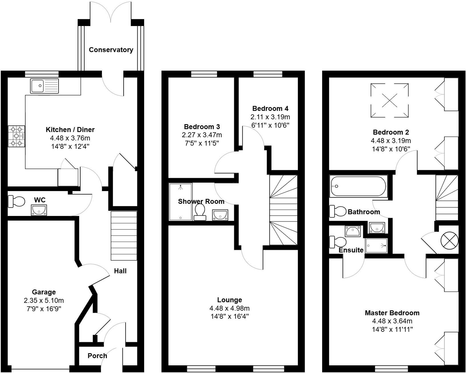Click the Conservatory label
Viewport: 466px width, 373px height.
pyautogui.click(x=111, y=50)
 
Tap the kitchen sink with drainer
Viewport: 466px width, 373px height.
pyautogui.click(x=44, y=86)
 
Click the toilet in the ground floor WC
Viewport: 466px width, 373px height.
pyautogui.click(x=16, y=201)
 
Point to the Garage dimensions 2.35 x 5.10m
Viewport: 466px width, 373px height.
pyautogui.click(x=44, y=300)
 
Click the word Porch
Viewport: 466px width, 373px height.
pyautogui.click(x=97, y=356)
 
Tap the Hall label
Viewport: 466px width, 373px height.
pyautogui.click(x=120, y=271)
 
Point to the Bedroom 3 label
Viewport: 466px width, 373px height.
pyautogui.click(x=202, y=127)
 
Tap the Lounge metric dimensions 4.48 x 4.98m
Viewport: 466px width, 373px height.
pyautogui.click(x=230, y=308)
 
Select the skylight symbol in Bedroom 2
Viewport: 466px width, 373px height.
pyautogui.click(x=389, y=100)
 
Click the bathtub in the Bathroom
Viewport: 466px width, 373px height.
pyautogui.click(x=358, y=186)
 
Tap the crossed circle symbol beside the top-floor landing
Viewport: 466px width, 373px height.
pyautogui.click(x=449, y=239)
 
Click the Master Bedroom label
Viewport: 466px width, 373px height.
pyautogui.click(x=392, y=313)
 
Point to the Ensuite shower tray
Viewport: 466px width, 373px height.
pyautogui.click(x=376, y=246)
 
